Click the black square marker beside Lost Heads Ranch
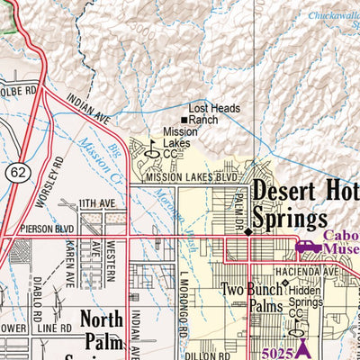click(184, 120)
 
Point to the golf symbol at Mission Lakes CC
click(152, 153)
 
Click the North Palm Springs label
click(112, 331)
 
